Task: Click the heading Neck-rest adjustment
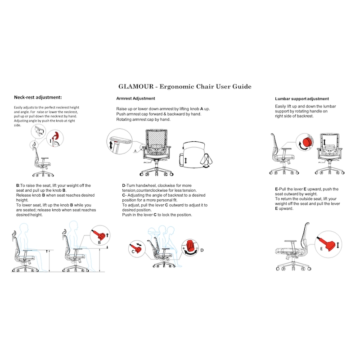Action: pos(38,97)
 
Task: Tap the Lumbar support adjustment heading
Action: pos(301,99)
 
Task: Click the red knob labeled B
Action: pos(101,234)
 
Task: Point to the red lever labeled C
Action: pos(137,247)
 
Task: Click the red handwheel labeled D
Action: pos(191,248)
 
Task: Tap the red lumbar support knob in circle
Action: pos(306,142)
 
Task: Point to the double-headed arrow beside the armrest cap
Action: pos(111,145)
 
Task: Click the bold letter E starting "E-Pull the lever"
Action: pos(276,189)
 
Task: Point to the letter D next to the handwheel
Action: pos(202,250)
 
